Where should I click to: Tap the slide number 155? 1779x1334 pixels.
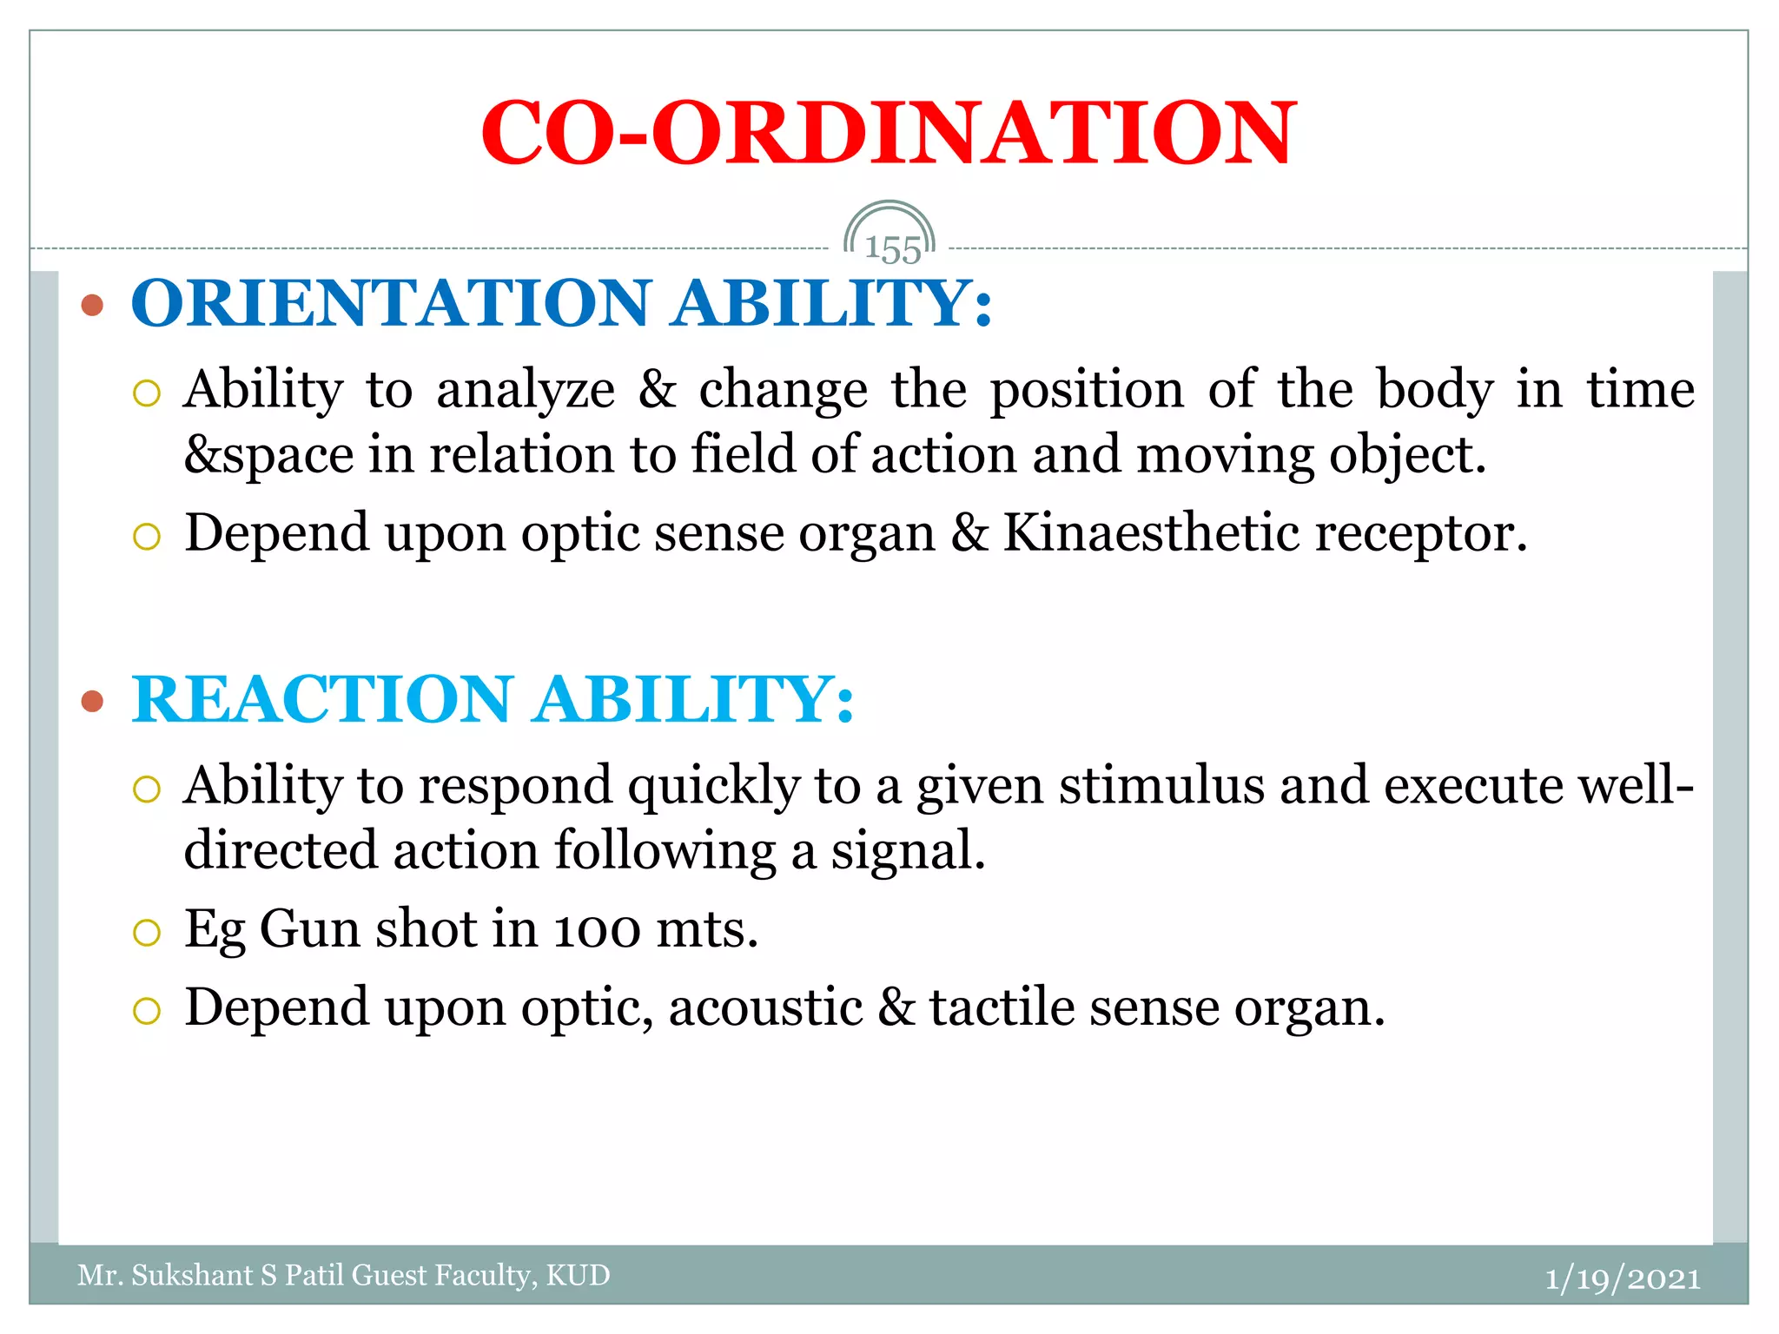tap(892, 250)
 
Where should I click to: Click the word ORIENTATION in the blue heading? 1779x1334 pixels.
tap(391, 304)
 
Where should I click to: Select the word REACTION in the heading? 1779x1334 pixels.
tap(322, 700)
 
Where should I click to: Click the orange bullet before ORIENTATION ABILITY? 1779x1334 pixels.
tap(92, 305)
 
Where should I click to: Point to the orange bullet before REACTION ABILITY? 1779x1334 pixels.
tap(92, 701)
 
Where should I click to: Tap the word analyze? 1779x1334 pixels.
tap(526, 389)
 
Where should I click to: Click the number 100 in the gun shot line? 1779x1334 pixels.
tap(598, 930)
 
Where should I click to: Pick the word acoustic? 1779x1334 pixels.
tap(765, 1007)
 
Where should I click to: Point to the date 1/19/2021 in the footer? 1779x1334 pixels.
tap(1623, 1278)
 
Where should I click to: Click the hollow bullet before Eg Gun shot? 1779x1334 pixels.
tap(147, 933)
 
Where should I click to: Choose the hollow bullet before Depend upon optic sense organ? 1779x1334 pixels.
tap(147, 536)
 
